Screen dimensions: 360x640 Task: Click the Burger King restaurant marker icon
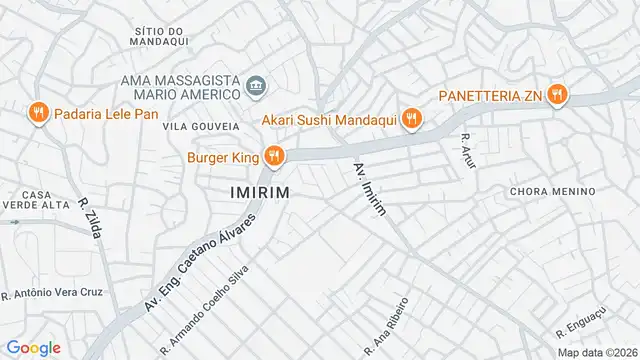pyautogui.click(x=273, y=155)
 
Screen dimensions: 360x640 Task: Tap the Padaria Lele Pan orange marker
pyautogui.click(x=39, y=113)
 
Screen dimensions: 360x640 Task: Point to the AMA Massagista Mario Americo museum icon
pyautogui.click(x=256, y=86)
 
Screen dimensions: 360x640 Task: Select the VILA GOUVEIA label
pyautogui.click(x=201, y=127)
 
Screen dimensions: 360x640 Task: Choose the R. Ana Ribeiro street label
pyautogui.click(x=389, y=325)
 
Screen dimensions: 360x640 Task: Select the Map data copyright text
pyautogui.click(x=597, y=352)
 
